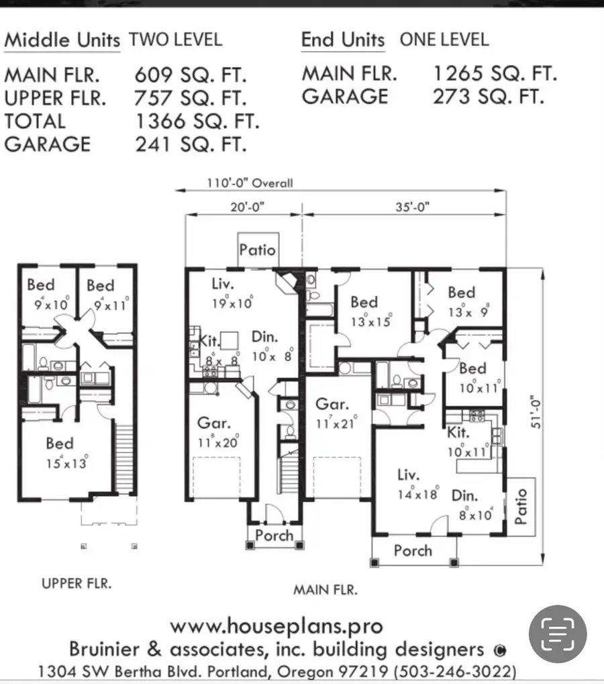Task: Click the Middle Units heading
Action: tap(62, 40)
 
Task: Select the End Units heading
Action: tap(343, 40)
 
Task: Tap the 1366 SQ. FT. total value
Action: tap(197, 121)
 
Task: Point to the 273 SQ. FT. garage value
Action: tap(487, 97)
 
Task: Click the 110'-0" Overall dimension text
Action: tap(250, 183)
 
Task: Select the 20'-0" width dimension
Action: tap(243, 207)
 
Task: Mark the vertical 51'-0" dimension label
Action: tap(527, 416)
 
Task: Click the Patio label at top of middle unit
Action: tap(257, 250)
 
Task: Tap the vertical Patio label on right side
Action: tap(521, 506)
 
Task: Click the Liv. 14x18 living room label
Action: tap(416, 483)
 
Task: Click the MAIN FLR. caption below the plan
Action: tap(325, 590)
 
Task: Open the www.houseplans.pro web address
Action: tap(276, 627)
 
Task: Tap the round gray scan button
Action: tap(558, 634)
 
